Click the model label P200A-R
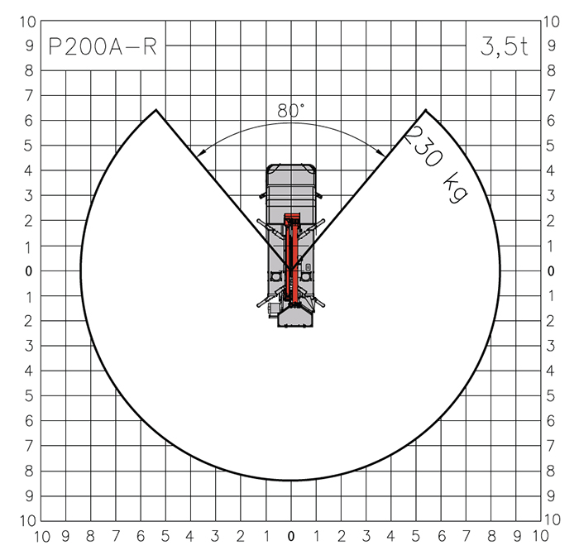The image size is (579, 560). tap(103, 47)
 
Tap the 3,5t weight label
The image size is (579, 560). tap(504, 46)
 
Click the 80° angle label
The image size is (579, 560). tap(290, 111)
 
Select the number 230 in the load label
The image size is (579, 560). tap(423, 146)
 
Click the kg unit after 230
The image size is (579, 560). tap(455, 188)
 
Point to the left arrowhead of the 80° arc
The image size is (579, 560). tap(200, 153)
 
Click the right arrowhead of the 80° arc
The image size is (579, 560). tap(380, 153)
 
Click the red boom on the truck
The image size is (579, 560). tap(291, 259)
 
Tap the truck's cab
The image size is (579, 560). tap(291, 181)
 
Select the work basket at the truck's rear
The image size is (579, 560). tap(295, 317)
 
